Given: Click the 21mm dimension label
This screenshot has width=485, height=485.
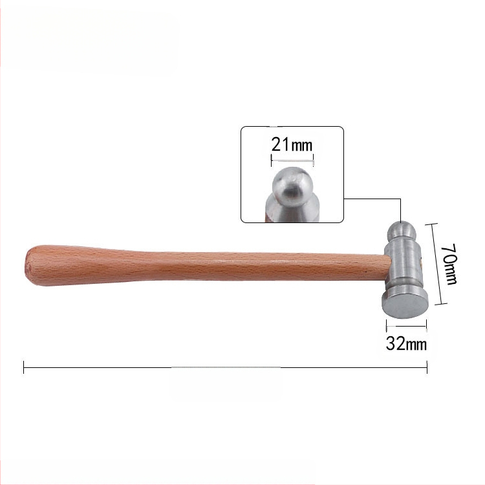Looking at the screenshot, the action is pyautogui.click(x=292, y=144).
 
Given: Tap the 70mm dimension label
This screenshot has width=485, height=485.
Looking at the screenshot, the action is pyautogui.click(x=449, y=264).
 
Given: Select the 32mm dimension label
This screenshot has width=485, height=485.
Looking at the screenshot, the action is pyautogui.click(x=406, y=343).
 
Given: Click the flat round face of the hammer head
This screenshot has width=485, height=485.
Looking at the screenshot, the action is pyautogui.click(x=405, y=305).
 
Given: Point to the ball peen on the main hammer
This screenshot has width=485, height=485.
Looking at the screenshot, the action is pyautogui.click(x=401, y=232).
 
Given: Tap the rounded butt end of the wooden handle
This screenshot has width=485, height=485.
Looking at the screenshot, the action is pyautogui.click(x=30, y=265).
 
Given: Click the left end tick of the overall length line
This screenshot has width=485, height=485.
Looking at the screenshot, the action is pyautogui.click(x=24, y=367).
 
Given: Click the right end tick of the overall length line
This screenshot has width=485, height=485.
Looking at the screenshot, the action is pyautogui.click(x=427, y=367).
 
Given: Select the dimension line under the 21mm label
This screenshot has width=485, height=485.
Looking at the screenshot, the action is pyautogui.click(x=292, y=160).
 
